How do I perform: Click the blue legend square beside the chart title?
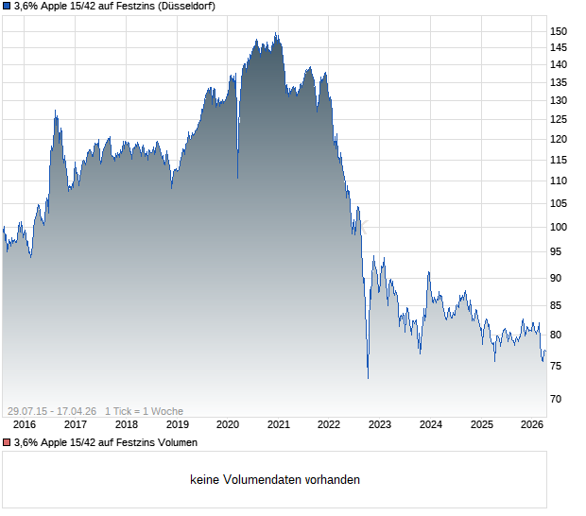(x=7, y=7)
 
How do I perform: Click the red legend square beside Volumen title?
(x=7, y=442)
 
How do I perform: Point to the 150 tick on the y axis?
(x=559, y=31)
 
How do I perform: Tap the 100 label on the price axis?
(x=559, y=227)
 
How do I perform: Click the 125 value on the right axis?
(x=559, y=119)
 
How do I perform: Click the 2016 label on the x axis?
(x=25, y=424)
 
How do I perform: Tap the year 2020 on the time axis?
(x=228, y=424)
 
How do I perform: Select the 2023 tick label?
(x=380, y=424)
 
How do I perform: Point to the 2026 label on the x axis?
(x=532, y=424)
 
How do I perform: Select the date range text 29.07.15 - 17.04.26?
(x=52, y=411)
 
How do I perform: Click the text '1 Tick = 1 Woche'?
(x=144, y=411)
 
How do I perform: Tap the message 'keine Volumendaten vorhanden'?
(x=275, y=480)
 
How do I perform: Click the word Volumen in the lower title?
(x=175, y=442)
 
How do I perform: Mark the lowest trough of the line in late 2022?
(x=368, y=378)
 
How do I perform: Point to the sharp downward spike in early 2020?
(x=237, y=177)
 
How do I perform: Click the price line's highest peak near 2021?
(x=276, y=34)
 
